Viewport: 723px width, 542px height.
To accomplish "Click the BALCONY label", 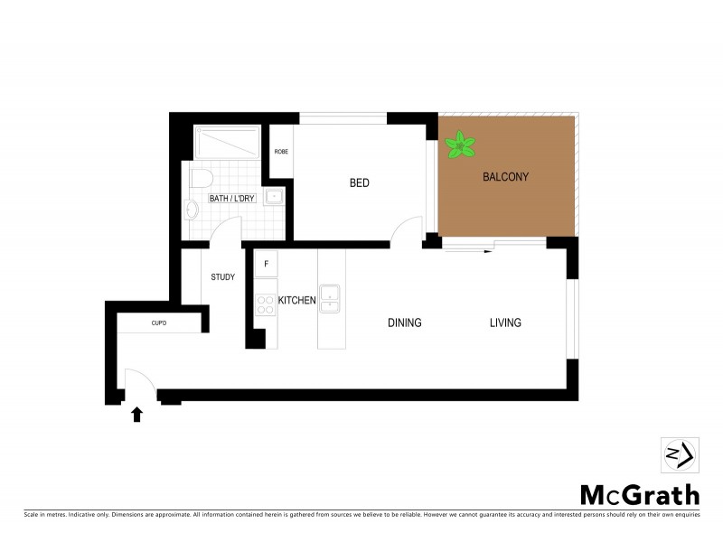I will pos(506,177).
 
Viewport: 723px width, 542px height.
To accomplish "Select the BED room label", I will pos(360,183).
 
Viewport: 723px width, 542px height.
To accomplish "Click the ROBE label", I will pos(282,152).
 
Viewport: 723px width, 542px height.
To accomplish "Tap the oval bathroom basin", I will pos(191,210).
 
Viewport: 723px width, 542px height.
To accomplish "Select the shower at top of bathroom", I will pos(228,143).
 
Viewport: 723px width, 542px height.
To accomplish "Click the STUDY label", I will pos(223,277).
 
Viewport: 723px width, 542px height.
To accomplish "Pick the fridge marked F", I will pos(266,265).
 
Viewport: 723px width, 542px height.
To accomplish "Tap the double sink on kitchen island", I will pos(332,296).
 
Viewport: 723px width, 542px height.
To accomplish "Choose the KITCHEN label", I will pos(296,301).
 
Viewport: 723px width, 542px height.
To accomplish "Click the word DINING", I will pos(405,322).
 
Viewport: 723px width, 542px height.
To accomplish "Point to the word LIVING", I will pos(505,322).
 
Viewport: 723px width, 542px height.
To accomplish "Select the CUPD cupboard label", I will pos(159,322).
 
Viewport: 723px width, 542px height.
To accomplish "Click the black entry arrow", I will pos(137,415).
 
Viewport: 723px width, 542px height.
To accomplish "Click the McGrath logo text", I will pos(639,495).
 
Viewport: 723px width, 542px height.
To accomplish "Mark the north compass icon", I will pos(679,454).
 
